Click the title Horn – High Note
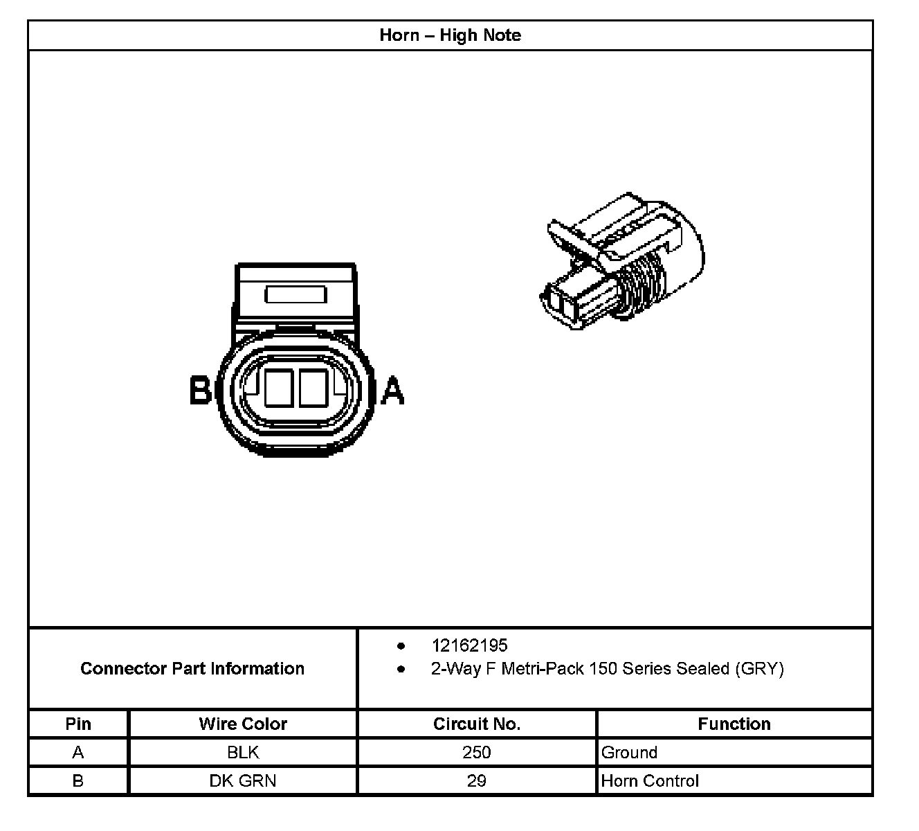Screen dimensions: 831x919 450,35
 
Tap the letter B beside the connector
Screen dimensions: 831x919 200,390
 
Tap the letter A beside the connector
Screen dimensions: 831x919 393,390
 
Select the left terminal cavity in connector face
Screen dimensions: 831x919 278,388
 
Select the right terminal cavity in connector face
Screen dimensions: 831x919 313,388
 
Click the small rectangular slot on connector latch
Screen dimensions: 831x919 295,295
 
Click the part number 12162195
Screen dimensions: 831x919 469,645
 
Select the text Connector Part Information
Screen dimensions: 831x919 192,668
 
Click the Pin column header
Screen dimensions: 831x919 78,724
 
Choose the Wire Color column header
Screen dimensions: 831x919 243,724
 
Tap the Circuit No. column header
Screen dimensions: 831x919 477,724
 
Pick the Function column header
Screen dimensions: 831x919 734,724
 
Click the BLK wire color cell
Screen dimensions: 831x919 243,752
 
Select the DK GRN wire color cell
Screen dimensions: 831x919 243,780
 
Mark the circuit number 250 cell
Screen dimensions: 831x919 477,752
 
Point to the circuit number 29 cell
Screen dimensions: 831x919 477,780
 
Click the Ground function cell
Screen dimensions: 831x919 629,752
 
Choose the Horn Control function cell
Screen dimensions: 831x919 650,780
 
